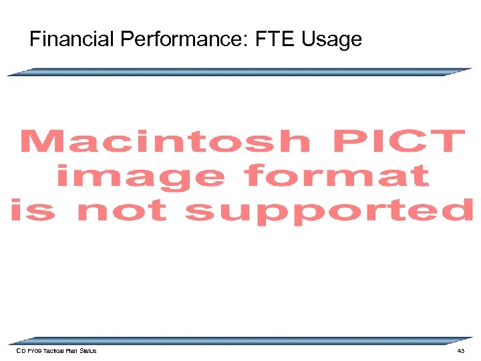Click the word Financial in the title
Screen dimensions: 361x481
point(72,39)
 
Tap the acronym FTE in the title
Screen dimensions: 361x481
point(277,39)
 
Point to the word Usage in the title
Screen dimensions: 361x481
point(331,39)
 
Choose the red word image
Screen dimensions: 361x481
point(140,176)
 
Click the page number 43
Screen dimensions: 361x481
point(460,351)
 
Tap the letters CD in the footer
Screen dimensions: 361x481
point(21,351)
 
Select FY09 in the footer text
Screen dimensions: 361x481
point(34,351)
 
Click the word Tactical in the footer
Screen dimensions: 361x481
point(54,351)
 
